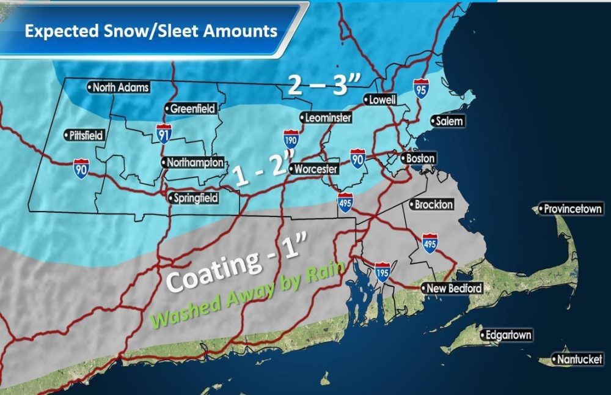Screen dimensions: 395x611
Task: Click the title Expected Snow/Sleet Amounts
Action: click(x=151, y=31)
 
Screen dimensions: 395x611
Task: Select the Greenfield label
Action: click(x=191, y=109)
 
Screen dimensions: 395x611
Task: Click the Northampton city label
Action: click(x=192, y=163)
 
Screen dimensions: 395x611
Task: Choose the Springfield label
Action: click(x=194, y=197)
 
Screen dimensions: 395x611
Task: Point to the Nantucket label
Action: click(x=577, y=360)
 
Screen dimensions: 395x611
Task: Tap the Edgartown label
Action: click(x=506, y=335)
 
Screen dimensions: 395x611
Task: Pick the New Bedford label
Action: click(x=453, y=288)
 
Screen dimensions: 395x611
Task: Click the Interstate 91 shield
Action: click(x=163, y=134)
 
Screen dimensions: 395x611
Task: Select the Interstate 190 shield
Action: click(x=291, y=138)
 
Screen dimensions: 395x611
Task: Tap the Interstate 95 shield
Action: click(x=420, y=87)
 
